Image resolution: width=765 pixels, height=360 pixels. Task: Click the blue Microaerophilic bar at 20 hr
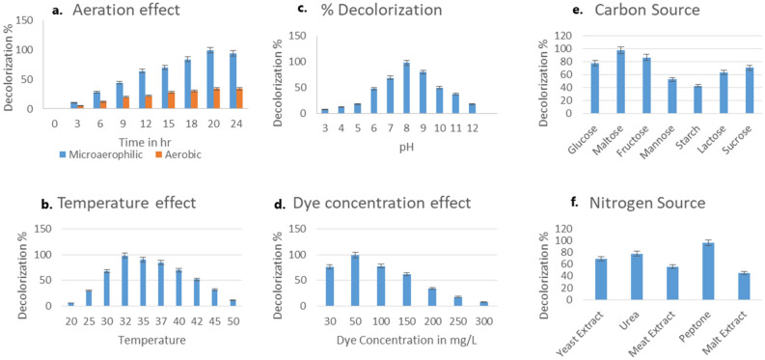[x=210, y=79]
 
